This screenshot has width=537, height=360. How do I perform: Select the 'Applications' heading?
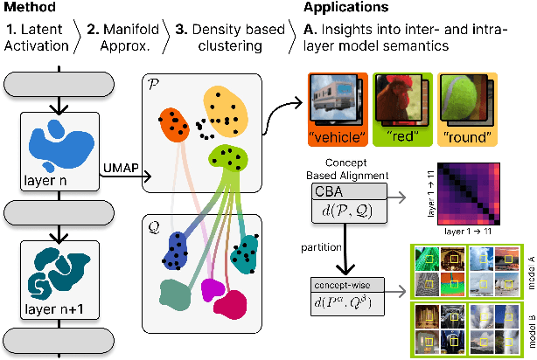(x=346, y=8)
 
